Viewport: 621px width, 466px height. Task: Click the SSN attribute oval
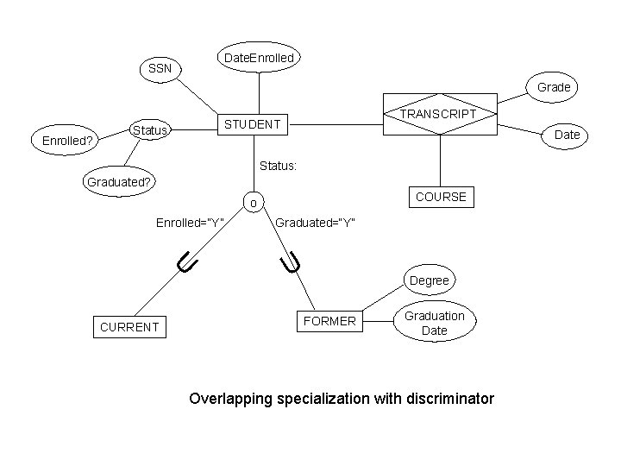coord(160,68)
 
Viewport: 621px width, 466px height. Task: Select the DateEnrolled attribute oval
coord(259,58)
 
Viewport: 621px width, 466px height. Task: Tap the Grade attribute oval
coord(554,87)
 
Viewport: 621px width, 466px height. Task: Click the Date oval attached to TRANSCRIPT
coord(566,135)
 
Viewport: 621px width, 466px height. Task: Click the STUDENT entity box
coord(252,124)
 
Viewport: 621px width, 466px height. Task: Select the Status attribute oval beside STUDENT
coord(150,130)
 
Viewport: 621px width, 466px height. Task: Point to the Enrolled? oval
coord(62,139)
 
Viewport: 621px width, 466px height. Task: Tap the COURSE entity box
coord(441,197)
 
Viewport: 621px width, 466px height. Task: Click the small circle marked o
coord(253,204)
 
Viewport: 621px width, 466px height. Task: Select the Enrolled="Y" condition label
coord(190,223)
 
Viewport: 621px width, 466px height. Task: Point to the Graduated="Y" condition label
coord(313,223)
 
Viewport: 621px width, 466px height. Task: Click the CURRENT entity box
coord(129,327)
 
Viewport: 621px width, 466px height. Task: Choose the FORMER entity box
coord(329,321)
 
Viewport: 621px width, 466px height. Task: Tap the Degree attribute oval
coord(429,280)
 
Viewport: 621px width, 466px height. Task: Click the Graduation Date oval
coord(434,323)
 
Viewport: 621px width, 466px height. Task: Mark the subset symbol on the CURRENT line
coord(187,260)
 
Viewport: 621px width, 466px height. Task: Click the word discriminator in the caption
coord(444,399)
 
